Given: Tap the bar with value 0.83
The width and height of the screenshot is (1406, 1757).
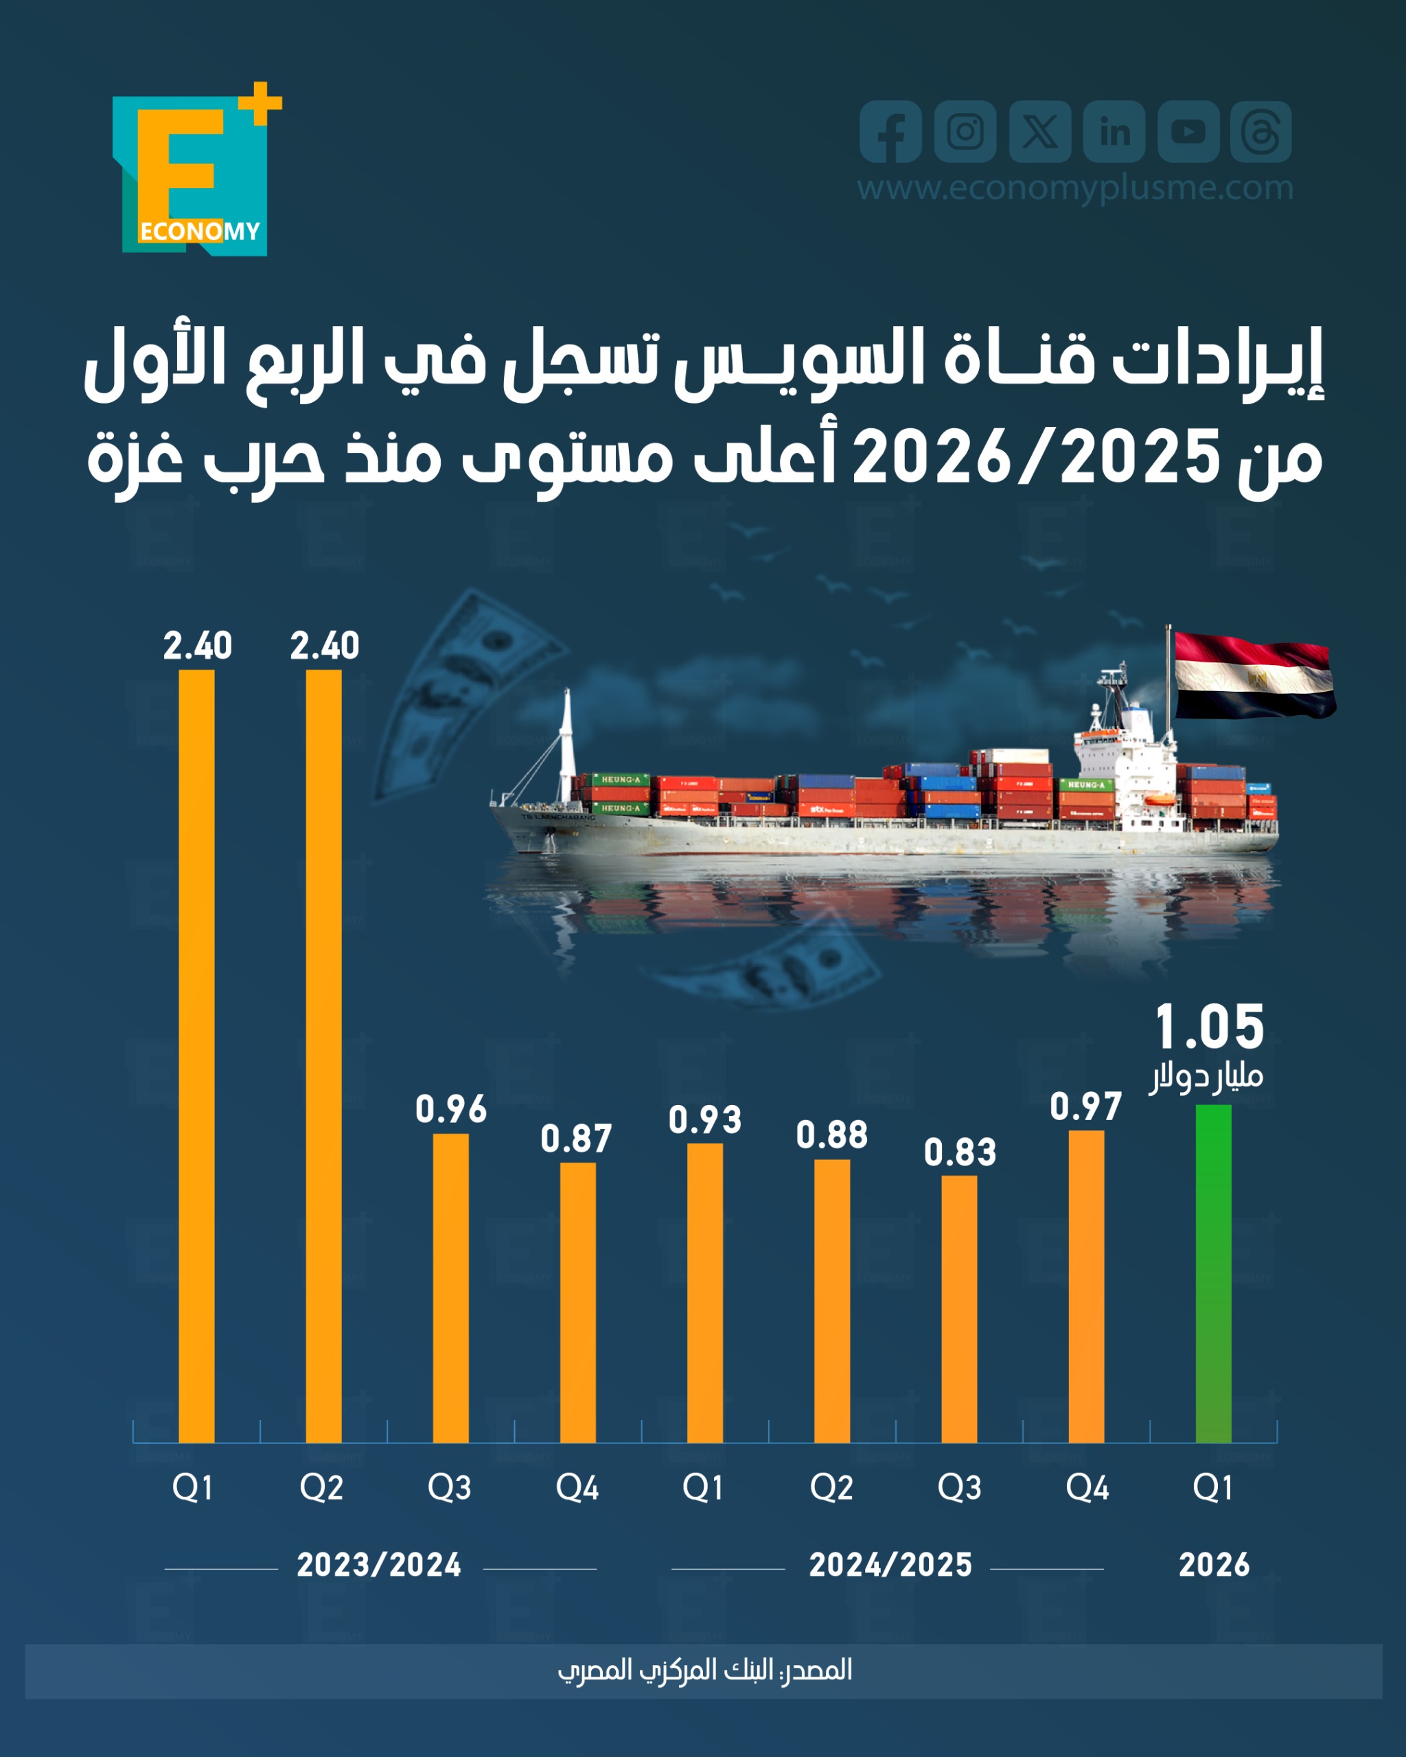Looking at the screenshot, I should coord(958,1308).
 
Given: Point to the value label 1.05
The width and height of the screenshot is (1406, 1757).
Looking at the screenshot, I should coord(1210,1028).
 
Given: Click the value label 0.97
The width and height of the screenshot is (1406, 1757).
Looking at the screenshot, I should coord(1085,1106).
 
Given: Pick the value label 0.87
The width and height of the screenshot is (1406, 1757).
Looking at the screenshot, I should coord(576,1139).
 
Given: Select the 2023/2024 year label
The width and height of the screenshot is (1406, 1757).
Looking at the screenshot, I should coord(379,1565).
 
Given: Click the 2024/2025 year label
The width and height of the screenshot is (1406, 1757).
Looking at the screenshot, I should coord(890,1565).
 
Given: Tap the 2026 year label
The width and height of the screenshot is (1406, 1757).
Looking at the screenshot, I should coord(1214,1565).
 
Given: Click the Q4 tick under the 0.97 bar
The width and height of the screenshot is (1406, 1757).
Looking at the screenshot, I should coord(1087,1488).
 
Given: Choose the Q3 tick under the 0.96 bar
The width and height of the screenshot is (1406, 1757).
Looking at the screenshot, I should coord(449,1488).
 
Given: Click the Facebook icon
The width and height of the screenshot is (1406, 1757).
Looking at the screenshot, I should coord(890,131).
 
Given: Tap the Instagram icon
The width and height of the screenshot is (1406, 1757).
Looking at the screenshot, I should coord(965,131).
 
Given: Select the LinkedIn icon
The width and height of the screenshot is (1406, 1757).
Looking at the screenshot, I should coord(1114,131).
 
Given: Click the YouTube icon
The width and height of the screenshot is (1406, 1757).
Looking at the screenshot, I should coord(1188,131).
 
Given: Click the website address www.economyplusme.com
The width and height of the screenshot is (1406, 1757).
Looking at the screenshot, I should coord(1074,188).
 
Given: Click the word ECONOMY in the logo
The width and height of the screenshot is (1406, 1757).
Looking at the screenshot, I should coord(200,231).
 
